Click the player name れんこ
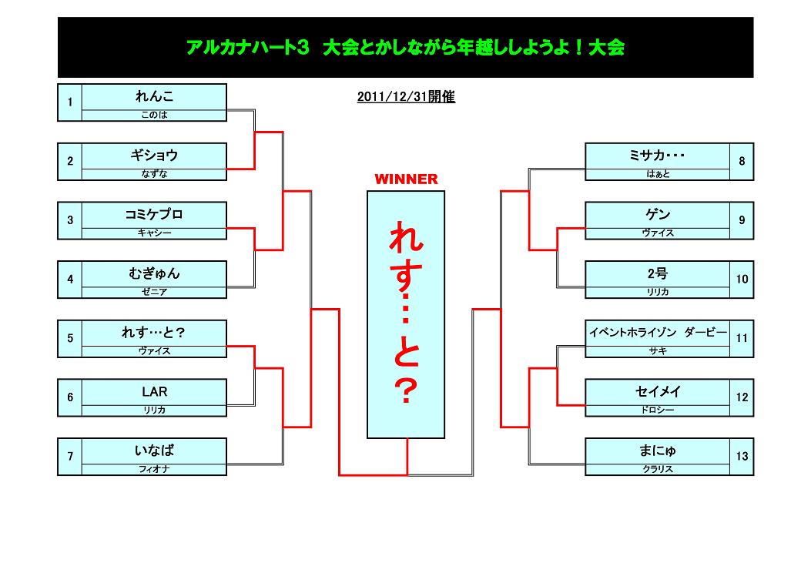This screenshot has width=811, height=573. [x=154, y=96]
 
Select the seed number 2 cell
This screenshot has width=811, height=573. [x=70, y=162]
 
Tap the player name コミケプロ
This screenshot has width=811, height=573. [x=154, y=214]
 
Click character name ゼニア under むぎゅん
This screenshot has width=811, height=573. [x=154, y=292]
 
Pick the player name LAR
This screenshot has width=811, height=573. [x=154, y=391]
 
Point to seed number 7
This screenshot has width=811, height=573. [x=70, y=456]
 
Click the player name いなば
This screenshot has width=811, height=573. [x=154, y=451]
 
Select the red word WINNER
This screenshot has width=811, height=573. [x=406, y=179]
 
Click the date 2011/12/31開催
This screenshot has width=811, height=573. [x=406, y=97]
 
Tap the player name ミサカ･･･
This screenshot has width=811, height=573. [x=658, y=155]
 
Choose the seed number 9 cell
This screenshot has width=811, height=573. [x=742, y=220]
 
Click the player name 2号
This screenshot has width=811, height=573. [x=658, y=273]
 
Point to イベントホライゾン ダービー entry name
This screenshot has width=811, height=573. [x=658, y=332]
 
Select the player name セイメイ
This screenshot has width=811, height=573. [x=658, y=391]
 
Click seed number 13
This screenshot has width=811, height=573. [x=742, y=456]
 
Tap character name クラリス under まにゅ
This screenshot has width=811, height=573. [x=658, y=469]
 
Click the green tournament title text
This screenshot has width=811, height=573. [x=405, y=48]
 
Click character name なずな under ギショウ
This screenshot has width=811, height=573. [x=154, y=174]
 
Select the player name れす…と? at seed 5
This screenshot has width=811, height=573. [x=153, y=332]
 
